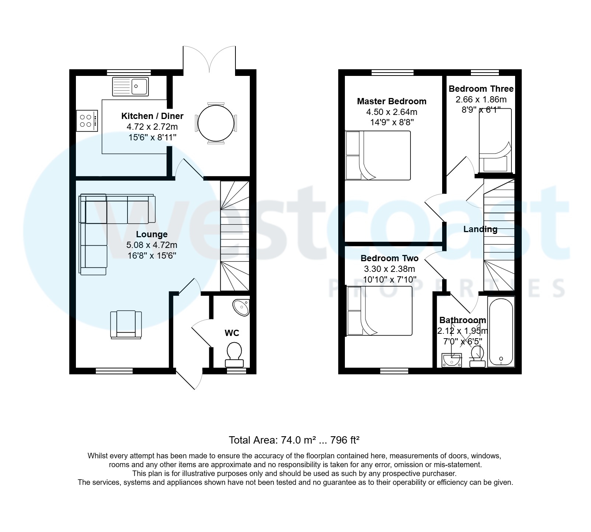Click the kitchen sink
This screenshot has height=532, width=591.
coord(130,87)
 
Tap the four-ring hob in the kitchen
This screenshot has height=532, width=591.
coord(87,120)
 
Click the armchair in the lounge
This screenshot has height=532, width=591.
coord(126,324)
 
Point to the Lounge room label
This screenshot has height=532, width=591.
coord(152,234)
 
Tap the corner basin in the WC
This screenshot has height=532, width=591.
coord(242,307)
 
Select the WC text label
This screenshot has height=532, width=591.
coord(232,333)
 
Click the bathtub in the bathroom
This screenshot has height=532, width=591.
coord(500,332)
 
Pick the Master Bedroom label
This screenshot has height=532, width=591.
coord(392,101)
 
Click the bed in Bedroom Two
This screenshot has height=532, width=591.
coord(380,312)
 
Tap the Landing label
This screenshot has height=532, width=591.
coord(480,229)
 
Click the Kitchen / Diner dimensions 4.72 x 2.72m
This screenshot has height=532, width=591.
coord(152,127)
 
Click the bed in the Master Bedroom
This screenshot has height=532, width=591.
coord(378,155)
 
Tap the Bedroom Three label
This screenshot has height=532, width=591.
coord(481,89)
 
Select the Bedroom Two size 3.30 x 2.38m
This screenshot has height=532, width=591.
coord(389,269)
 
